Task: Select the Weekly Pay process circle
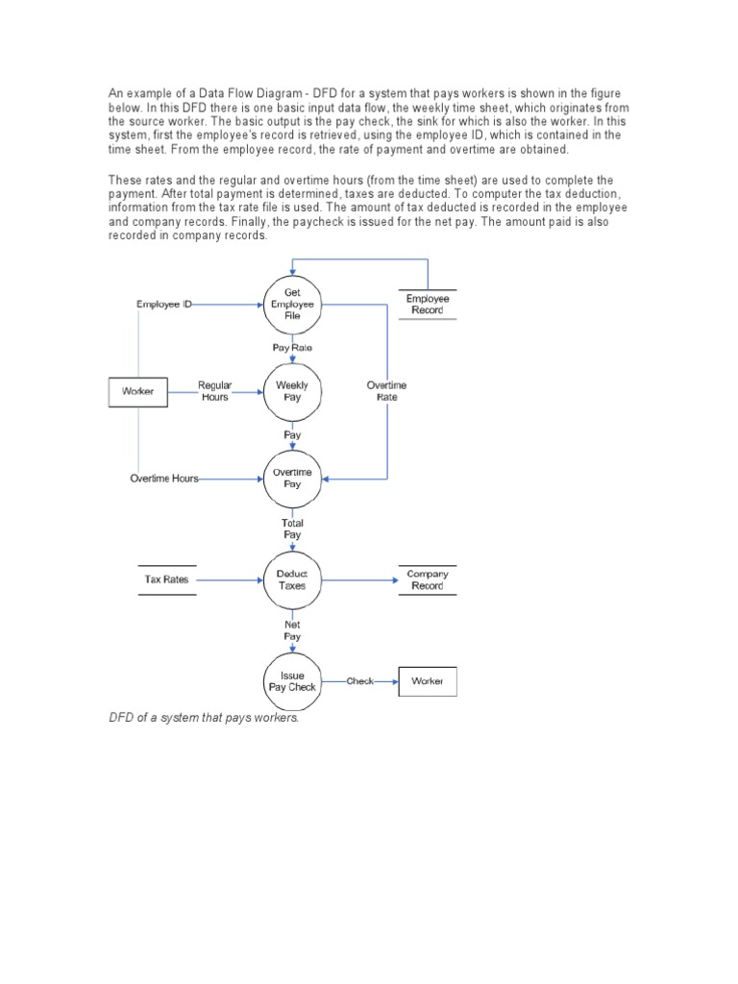click(292, 391)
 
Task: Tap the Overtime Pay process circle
click(292, 479)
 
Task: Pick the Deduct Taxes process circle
click(292, 579)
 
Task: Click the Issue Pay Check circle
click(292, 681)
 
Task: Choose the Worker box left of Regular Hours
click(137, 391)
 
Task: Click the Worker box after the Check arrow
click(428, 681)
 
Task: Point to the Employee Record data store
click(428, 305)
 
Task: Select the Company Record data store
click(428, 579)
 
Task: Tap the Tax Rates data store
click(166, 579)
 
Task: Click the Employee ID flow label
click(164, 305)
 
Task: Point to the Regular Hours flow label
click(215, 391)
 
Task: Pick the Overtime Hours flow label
click(164, 479)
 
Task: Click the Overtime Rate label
click(386, 391)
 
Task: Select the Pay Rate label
click(292, 347)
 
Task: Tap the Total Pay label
click(292, 529)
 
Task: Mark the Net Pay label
click(292, 630)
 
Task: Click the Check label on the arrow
click(360, 681)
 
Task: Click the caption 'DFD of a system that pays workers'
click(204, 718)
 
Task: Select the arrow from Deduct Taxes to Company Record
click(360, 579)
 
